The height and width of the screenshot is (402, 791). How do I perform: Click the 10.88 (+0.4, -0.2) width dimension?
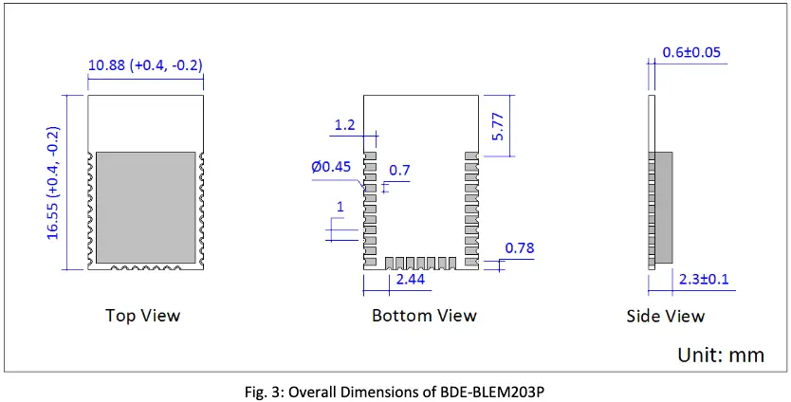pos(145,65)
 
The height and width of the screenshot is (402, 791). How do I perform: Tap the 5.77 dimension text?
pos(499,124)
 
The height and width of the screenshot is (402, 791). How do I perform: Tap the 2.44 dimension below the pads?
pos(409,281)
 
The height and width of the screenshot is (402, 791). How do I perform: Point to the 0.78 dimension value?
pos(519,248)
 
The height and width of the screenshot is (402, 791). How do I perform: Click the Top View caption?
pos(142,315)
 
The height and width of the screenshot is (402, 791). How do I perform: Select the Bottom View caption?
pos(424,315)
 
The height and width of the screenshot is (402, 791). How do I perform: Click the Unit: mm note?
pos(720,355)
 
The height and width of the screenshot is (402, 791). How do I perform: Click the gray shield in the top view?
pos(146,207)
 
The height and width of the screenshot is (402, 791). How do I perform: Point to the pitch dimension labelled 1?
pos(340,208)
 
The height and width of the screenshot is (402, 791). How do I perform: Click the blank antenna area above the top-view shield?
pos(146,121)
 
